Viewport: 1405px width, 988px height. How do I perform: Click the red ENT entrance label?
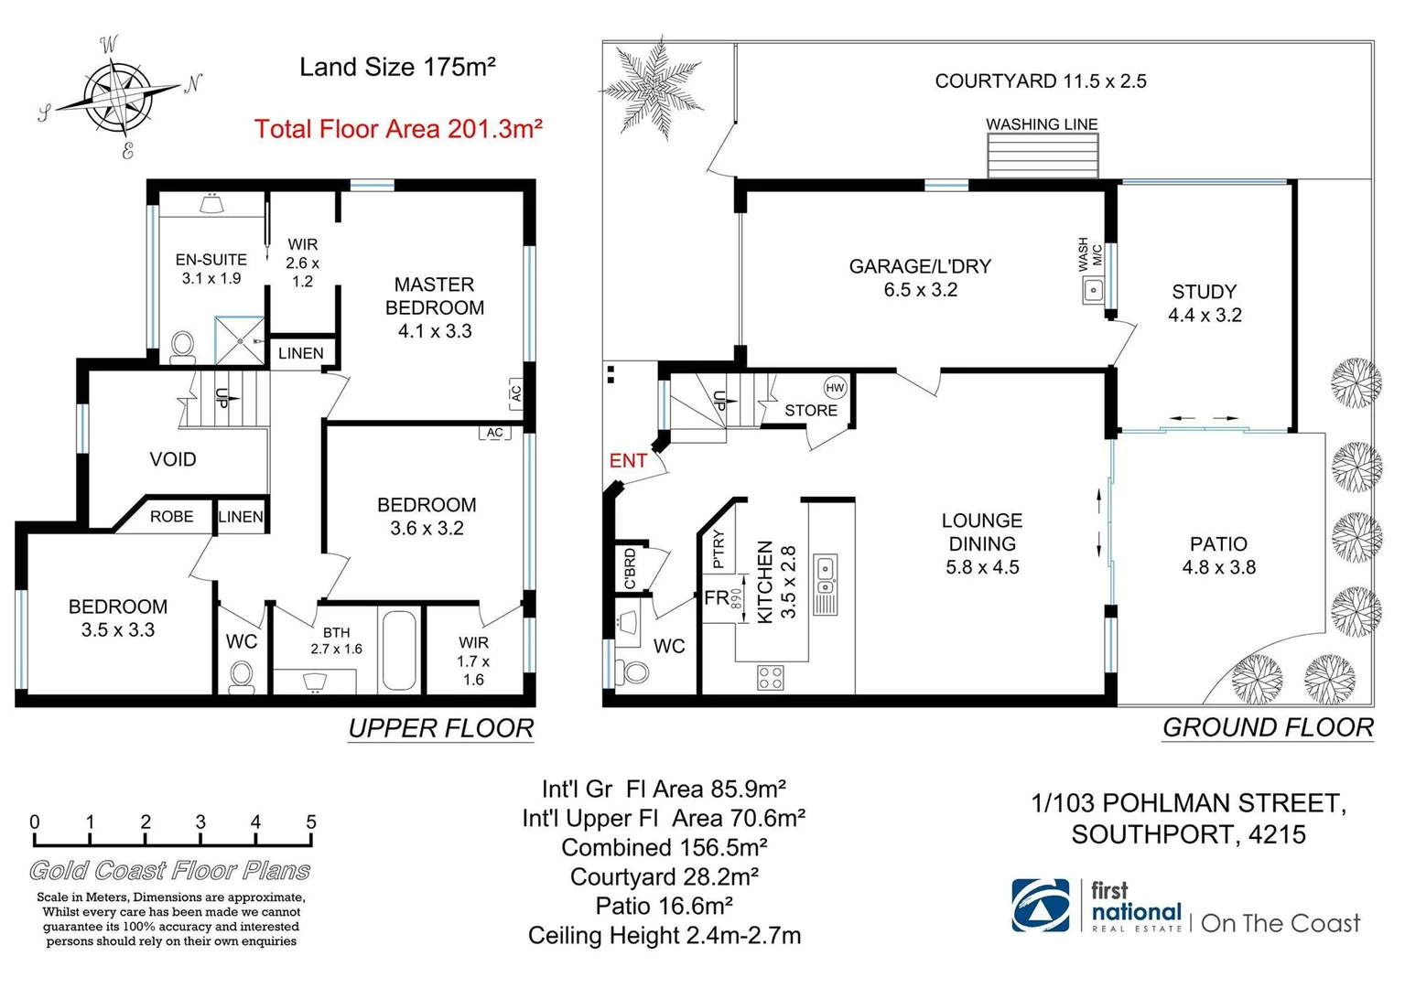(628, 461)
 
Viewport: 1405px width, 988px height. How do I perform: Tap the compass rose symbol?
(118, 95)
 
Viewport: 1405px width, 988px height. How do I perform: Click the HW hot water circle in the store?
(835, 388)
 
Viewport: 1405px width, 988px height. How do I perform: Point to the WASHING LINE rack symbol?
(1042, 156)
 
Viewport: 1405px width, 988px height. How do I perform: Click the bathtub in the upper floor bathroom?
(399, 650)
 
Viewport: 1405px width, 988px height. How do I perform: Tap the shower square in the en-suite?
(240, 340)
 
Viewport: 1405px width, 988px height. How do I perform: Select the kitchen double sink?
(826, 574)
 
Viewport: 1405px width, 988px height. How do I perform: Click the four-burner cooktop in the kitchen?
(771, 677)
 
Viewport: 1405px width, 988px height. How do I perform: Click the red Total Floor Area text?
(398, 129)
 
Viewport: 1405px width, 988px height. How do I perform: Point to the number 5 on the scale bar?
(311, 822)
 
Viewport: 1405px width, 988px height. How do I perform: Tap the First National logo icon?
(1041, 906)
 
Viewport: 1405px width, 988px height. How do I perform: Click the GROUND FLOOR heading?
(1268, 728)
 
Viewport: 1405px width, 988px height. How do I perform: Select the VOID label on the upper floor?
(173, 459)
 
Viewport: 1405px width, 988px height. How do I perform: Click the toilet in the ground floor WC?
(633, 671)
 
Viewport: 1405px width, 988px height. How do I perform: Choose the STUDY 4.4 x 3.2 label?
(1205, 303)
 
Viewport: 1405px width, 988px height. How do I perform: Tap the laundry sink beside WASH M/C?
(1093, 292)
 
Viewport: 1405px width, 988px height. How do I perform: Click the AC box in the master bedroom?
(515, 393)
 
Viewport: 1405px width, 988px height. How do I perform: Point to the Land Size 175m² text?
(397, 67)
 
